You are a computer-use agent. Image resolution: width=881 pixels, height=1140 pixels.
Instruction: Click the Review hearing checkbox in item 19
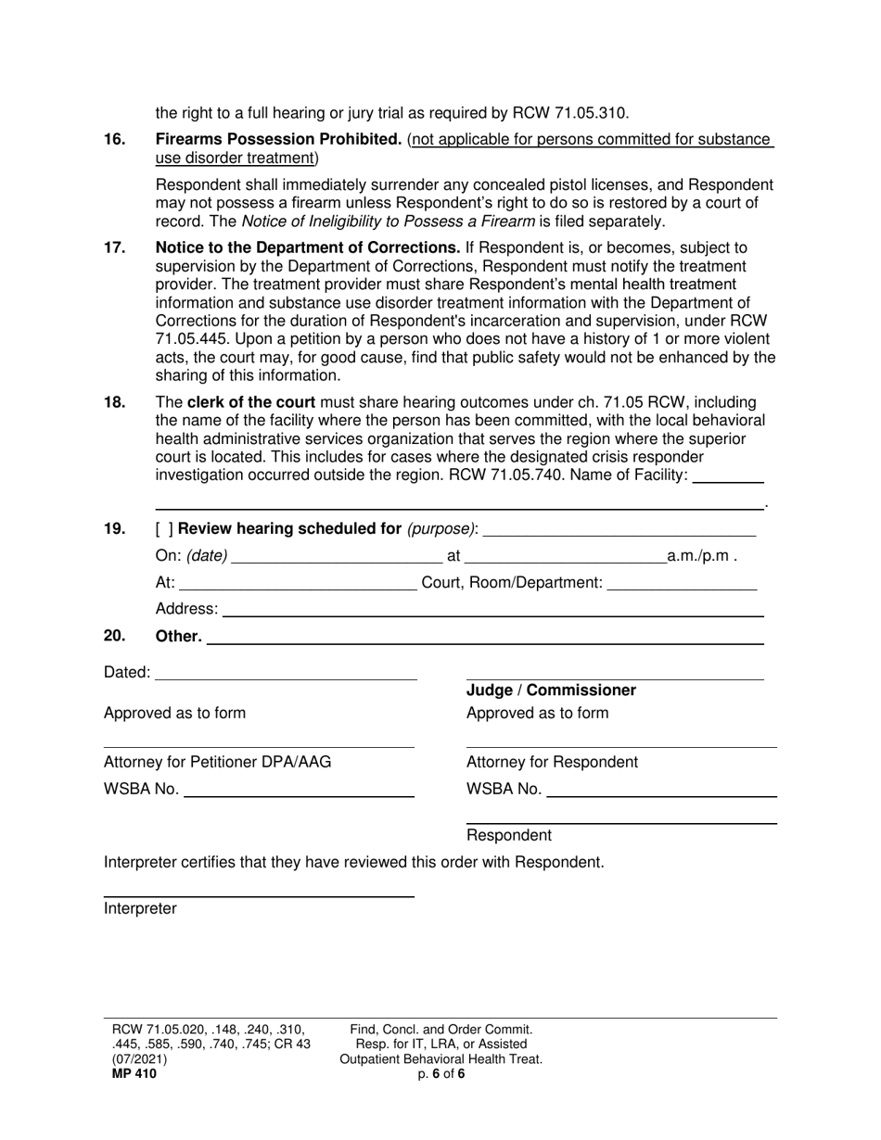pos(163,529)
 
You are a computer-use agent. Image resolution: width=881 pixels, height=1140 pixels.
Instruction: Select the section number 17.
pos(114,248)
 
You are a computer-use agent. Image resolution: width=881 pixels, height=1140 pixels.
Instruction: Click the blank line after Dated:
pos(286,673)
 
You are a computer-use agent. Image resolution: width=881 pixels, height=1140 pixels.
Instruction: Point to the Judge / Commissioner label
pos(551,690)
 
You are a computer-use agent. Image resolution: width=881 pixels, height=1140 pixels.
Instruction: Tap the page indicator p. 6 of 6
pos(440,1074)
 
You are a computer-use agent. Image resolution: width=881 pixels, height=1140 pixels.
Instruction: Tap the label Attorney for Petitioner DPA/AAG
pos(217,763)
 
